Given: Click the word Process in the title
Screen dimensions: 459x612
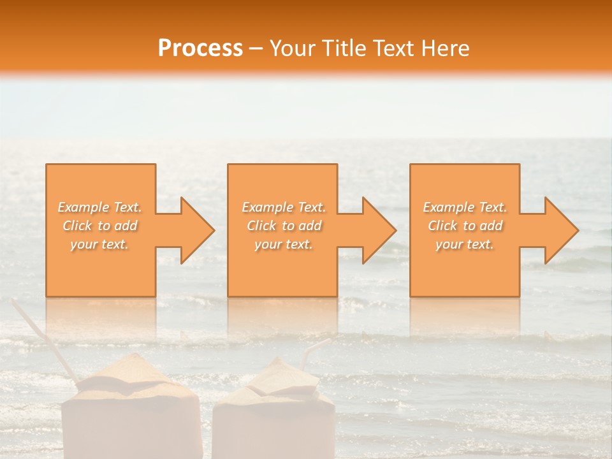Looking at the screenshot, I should pos(200,48).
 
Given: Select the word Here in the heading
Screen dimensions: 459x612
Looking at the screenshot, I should pos(446,48).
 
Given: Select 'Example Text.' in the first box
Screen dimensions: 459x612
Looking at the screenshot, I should pos(100,207).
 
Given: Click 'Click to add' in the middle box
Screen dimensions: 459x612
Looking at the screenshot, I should pos(284,226).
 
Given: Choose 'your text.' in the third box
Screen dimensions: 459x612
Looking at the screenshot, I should pos(465,244).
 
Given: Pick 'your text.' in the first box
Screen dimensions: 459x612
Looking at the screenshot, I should pos(100,244).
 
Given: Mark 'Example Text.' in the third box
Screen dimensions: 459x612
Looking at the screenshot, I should pos(465,207).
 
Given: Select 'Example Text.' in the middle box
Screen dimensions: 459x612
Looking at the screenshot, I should pos(284,207).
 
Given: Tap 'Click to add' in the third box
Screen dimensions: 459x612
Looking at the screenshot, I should pos(465,226).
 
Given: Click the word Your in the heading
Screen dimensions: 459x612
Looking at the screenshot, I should pos(293,48).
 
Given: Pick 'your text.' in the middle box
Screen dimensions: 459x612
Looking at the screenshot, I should pos(284,244).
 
